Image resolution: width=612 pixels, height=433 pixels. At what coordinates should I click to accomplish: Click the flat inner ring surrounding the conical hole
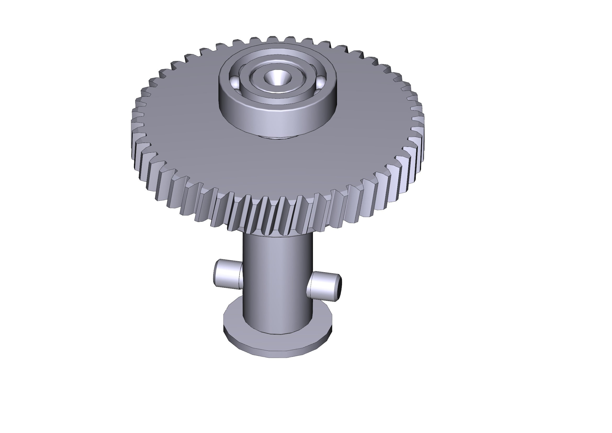277,88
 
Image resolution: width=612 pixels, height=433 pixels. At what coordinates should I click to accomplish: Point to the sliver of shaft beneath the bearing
277,137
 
